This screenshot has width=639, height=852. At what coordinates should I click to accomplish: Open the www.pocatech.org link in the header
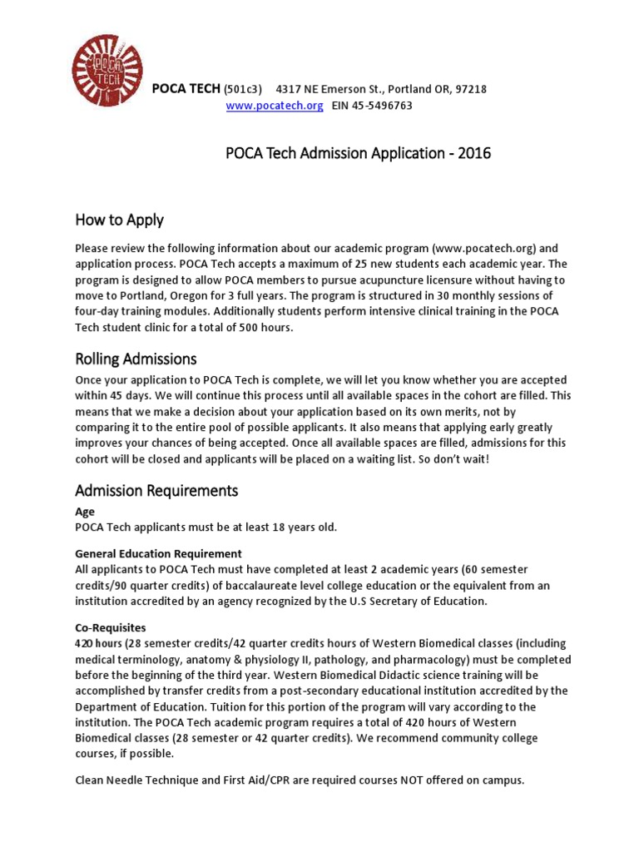pyautogui.click(x=275, y=106)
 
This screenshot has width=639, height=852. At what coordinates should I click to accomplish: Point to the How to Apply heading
pyautogui.click(x=119, y=220)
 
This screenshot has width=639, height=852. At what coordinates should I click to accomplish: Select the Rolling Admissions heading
pyautogui.click(x=136, y=359)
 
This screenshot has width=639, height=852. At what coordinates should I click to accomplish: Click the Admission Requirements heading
pyautogui.click(x=156, y=490)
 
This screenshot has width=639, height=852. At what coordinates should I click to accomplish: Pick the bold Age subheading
pyautogui.click(x=85, y=512)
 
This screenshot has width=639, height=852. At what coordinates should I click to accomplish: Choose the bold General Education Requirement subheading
pyautogui.click(x=158, y=553)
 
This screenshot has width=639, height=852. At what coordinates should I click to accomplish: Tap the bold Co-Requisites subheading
pyautogui.click(x=111, y=627)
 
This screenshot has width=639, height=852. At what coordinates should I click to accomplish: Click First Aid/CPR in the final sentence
pyautogui.click(x=253, y=780)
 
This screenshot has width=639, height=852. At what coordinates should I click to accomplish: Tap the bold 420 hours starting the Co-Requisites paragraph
pyautogui.click(x=98, y=643)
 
